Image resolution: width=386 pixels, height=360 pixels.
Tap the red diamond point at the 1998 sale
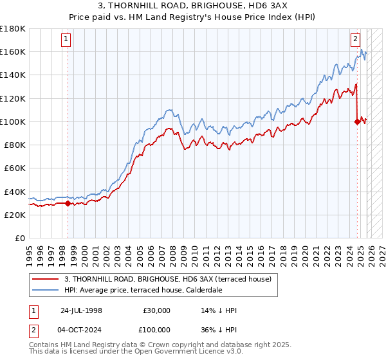68,203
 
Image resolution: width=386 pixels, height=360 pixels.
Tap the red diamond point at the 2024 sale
357,121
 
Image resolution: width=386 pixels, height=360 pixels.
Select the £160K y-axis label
13,51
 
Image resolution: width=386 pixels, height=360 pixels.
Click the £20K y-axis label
15,215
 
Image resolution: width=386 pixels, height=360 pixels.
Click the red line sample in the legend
46,278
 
